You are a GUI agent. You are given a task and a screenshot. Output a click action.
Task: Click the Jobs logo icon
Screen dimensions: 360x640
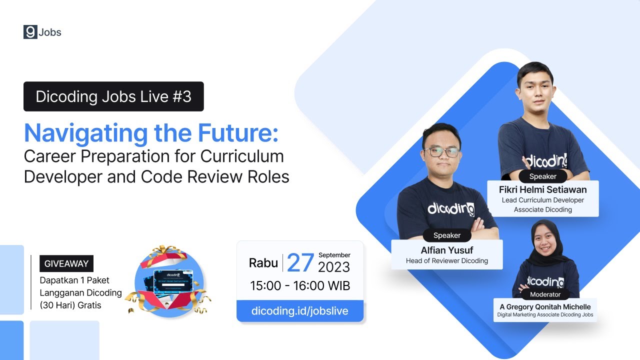pos(30,32)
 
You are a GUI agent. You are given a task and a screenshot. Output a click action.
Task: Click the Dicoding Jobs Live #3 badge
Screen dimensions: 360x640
pos(113,96)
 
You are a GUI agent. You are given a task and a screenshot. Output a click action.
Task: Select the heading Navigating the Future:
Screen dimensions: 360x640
pos(151,133)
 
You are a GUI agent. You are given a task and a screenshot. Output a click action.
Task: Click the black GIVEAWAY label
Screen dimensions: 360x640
pos(66,263)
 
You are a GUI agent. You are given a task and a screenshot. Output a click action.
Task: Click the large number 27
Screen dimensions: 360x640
pos(300,263)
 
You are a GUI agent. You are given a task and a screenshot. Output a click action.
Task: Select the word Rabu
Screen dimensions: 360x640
pos(263,263)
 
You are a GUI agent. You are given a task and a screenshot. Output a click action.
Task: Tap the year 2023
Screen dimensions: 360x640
pos(334,267)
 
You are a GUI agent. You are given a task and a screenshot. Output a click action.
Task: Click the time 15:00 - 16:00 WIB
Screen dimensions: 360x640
pos(300,286)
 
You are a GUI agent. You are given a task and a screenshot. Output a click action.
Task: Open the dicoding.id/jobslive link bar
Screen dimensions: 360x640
pos(300,311)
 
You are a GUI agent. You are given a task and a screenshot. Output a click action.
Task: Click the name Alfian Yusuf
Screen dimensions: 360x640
pos(447,250)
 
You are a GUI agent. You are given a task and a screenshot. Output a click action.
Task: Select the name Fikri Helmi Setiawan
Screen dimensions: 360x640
pos(542,190)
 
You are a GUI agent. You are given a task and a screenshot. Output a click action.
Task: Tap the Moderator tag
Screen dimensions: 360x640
pos(545,294)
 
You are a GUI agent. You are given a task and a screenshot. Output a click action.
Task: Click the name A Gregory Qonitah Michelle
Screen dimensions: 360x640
pos(545,306)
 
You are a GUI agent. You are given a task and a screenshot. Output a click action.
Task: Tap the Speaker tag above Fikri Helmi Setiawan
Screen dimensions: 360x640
pos(542,176)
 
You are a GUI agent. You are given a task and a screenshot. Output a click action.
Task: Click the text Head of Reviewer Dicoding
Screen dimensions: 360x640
pos(447,260)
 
